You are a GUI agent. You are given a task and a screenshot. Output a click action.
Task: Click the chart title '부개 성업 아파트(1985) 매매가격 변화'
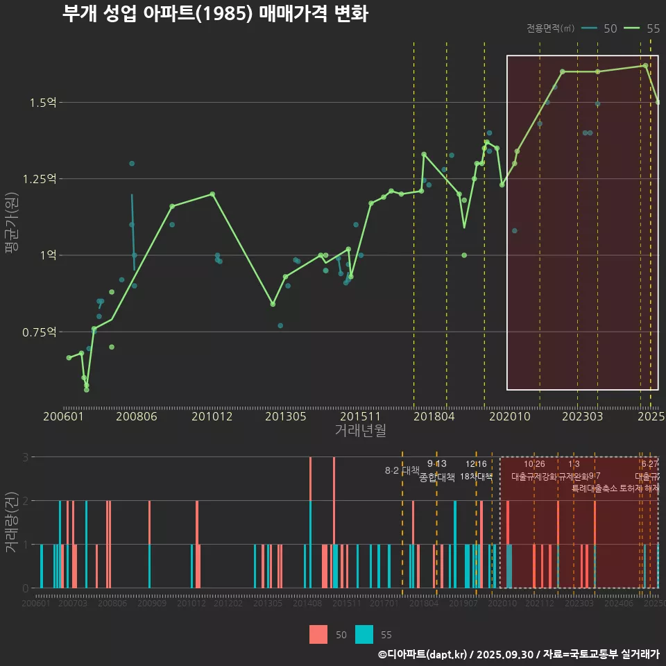pyautogui.click(x=214, y=14)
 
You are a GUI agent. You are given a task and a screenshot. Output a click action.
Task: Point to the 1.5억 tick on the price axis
pyautogui.click(x=43, y=103)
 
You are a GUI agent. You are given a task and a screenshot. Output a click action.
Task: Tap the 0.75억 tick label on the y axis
pyautogui.click(x=40, y=332)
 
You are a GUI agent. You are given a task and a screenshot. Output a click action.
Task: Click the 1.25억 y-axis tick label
pyautogui.click(x=40, y=179)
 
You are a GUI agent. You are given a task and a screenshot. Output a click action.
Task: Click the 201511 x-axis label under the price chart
pyautogui.click(x=360, y=416)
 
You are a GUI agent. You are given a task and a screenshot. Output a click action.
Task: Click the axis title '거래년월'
pyautogui.click(x=360, y=431)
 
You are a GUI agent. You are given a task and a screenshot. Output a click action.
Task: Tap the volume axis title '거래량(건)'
pyautogui.click(x=12, y=522)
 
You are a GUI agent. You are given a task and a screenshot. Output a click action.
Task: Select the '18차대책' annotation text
pyautogui.click(x=476, y=477)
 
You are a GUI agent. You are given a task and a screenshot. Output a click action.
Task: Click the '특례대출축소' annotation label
pyautogui.click(x=595, y=488)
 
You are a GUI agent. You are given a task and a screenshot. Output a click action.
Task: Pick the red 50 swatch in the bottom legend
pyautogui.click(x=318, y=634)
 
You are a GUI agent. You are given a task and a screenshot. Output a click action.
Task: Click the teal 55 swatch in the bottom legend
pyautogui.click(x=364, y=634)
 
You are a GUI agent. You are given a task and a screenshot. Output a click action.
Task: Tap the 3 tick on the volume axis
pyautogui.click(x=25, y=457)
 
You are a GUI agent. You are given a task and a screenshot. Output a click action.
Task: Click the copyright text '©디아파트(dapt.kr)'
pyautogui.click(x=422, y=654)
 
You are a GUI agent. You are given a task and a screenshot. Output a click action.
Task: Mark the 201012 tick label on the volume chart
pyautogui.click(x=191, y=604)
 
